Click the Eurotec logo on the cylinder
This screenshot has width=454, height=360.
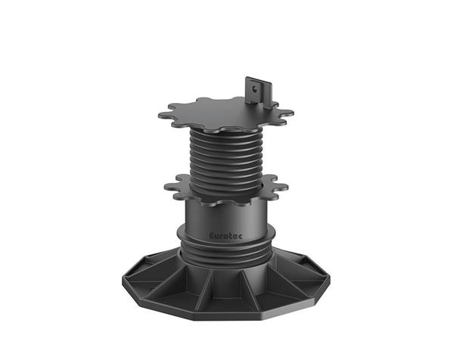(225, 236)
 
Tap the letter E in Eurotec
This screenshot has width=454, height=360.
(212, 235)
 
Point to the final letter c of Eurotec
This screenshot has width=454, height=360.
(241, 237)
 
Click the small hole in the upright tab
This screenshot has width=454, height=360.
(254, 88)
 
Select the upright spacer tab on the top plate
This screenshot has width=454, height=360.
(258, 92)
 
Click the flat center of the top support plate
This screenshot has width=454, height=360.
(220, 114)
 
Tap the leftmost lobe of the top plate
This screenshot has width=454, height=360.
(164, 115)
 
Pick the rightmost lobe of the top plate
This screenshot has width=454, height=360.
(288, 113)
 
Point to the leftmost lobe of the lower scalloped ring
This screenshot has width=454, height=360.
(169, 186)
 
